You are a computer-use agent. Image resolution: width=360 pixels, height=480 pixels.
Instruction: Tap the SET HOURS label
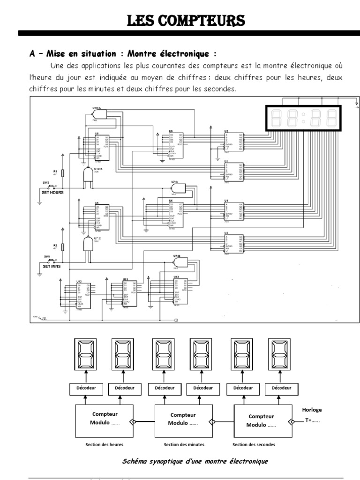[53, 193]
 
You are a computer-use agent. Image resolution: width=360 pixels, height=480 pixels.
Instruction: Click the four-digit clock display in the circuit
[304, 118]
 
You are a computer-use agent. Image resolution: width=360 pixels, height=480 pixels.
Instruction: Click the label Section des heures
[104, 444]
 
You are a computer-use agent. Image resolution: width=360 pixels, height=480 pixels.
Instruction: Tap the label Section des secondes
[254, 444]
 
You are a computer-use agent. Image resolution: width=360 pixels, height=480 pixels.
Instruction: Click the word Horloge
[312, 409]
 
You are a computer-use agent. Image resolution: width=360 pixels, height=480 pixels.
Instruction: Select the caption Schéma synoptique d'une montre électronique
[195, 461]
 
